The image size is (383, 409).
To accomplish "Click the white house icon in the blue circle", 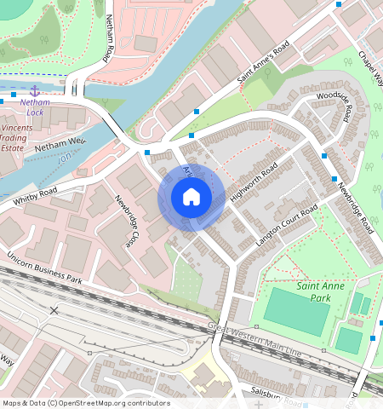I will pos(191,198).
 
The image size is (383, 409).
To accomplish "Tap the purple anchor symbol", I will pos(35,90).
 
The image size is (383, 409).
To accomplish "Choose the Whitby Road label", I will pos(35,195).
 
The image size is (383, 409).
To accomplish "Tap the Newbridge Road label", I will pos(354,209).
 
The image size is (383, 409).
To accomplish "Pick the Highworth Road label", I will pos(254,182).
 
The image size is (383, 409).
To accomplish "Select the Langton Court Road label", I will pos(287,226).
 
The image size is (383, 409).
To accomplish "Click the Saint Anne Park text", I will pos(320,291).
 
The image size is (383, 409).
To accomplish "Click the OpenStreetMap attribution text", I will pos(85,403).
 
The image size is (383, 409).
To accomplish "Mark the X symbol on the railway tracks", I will pos(54,310).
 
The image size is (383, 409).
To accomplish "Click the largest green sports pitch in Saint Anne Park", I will pos(296,311).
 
